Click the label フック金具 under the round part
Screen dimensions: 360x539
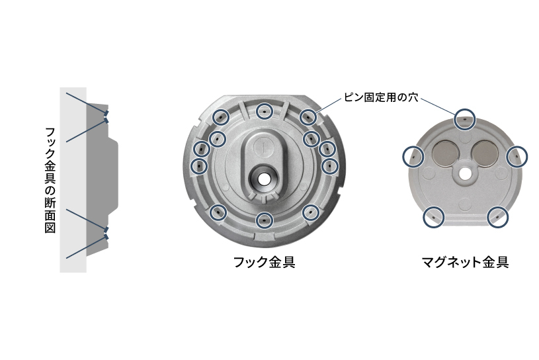point(264,261)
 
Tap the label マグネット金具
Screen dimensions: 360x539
point(465,261)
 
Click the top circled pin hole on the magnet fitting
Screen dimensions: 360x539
point(465,118)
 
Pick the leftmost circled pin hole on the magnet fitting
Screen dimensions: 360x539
point(413,156)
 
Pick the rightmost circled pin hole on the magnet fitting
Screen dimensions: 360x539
point(517,156)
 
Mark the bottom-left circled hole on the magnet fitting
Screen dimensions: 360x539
point(433,216)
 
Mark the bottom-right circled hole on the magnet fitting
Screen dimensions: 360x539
point(498,216)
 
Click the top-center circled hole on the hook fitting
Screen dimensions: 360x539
point(265,112)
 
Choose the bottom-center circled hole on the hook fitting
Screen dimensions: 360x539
point(265,219)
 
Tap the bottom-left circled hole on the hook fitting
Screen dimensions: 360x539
point(219,212)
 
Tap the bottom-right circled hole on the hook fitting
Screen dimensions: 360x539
point(310,212)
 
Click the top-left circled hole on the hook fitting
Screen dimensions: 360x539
point(220,117)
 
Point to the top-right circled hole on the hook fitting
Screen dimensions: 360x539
point(308,117)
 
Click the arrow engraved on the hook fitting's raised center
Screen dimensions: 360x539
point(263,142)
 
